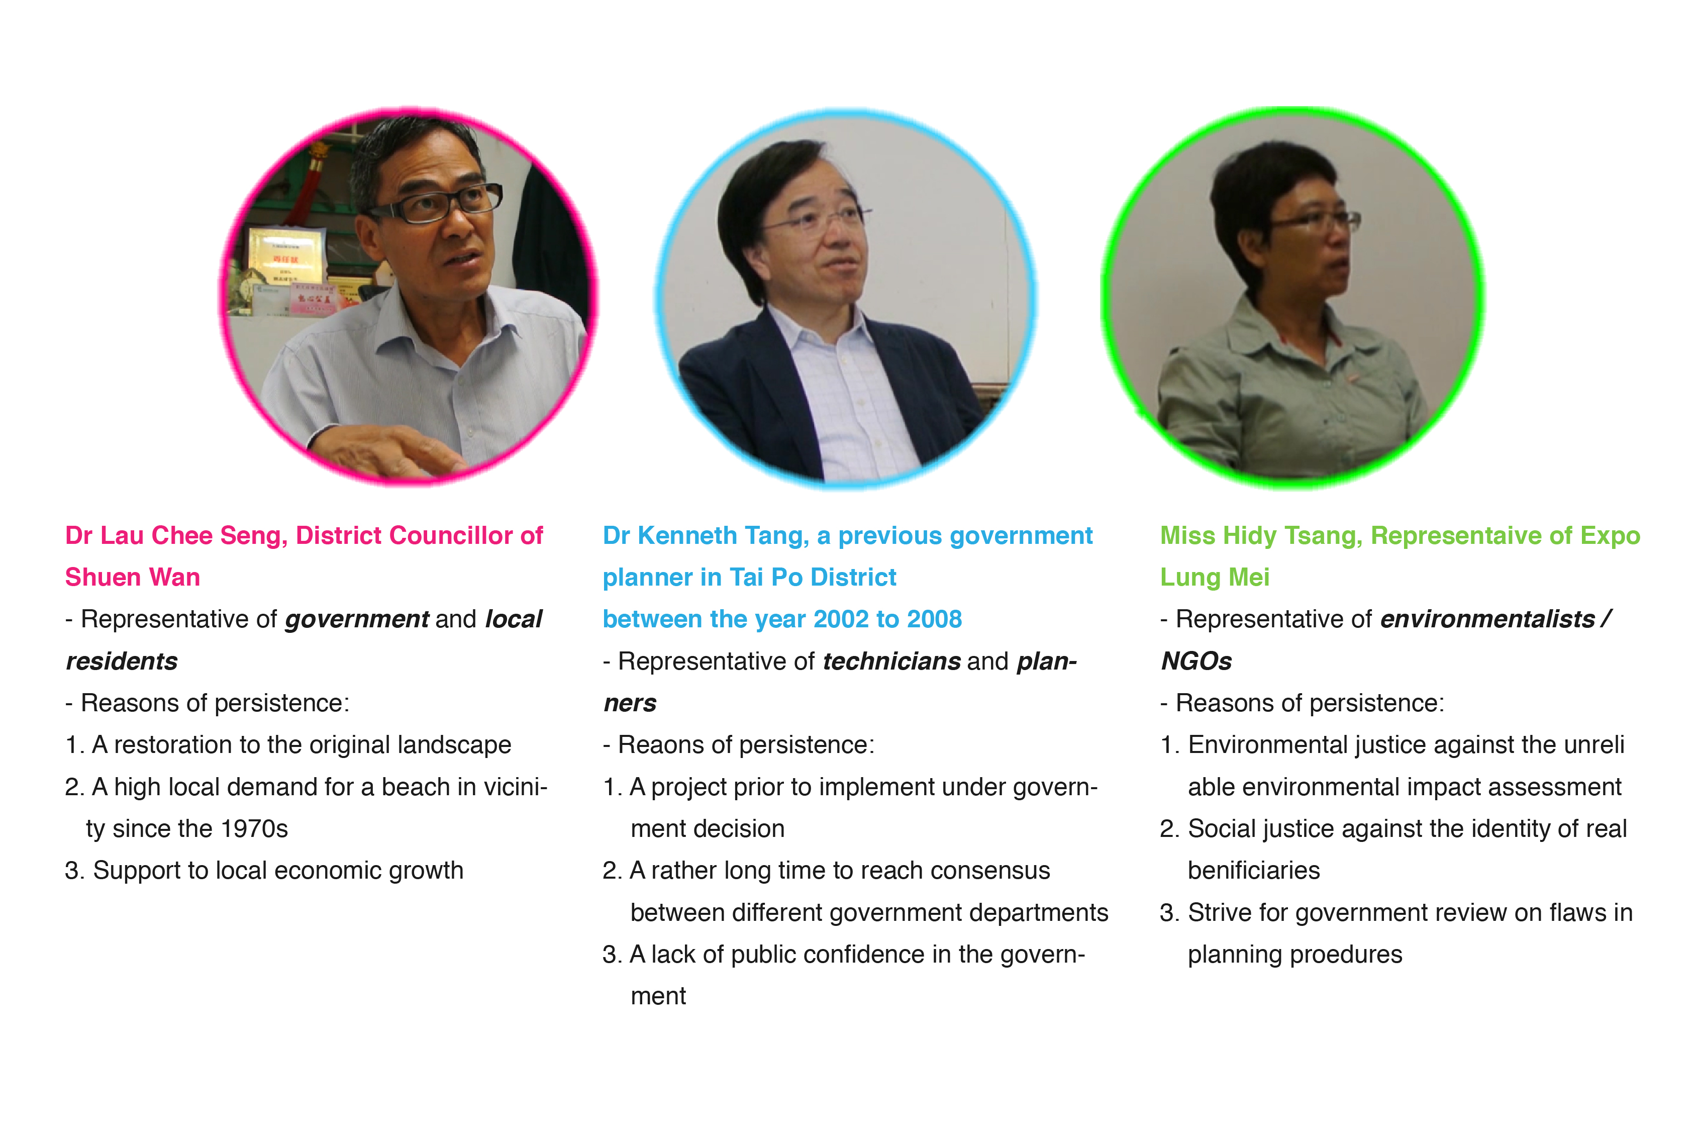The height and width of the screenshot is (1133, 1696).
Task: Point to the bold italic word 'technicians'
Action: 891,661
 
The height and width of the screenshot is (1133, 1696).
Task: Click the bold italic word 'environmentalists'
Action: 1487,619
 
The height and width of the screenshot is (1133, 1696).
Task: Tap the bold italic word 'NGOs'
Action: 1196,661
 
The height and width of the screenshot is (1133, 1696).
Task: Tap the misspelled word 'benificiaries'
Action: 1254,871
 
